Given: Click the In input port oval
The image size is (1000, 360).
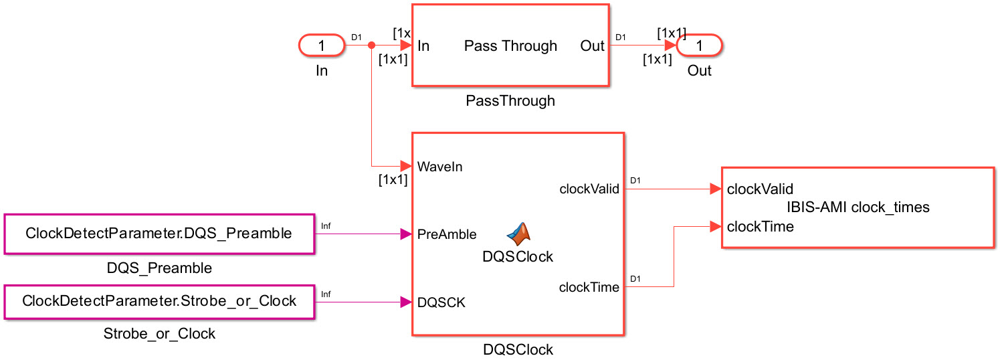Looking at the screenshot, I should (x=322, y=46).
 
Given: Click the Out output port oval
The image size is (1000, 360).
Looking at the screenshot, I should (x=700, y=46).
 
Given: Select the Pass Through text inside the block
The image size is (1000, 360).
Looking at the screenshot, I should (x=510, y=46).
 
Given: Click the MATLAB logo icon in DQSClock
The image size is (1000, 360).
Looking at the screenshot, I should (x=518, y=234).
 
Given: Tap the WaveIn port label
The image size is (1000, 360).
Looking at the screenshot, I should (x=439, y=166).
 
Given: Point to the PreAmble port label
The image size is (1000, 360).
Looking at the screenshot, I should (x=447, y=234).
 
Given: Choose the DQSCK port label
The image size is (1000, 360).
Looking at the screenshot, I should (x=441, y=302).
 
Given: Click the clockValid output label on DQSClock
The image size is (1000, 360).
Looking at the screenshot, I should (x=589, y=189).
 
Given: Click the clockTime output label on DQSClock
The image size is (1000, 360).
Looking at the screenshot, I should (x=589, y=288).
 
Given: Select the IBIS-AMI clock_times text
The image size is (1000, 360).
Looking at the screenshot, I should (x=858, y=207).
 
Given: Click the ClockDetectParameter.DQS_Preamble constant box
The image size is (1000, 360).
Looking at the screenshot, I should (x=159, y=234).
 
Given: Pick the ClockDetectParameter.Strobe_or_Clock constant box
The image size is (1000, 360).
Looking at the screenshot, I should (x=159, y=301).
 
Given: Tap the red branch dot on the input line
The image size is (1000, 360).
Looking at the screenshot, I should (x=371, y=46).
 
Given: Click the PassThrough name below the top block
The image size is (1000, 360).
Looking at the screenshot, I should (x=510, y=101).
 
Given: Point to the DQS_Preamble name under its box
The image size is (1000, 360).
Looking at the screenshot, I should (x=159, y=268).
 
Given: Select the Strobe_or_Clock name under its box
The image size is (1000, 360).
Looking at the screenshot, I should (x=159, y=333).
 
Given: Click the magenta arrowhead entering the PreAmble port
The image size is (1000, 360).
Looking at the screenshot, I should (x=405, y=234).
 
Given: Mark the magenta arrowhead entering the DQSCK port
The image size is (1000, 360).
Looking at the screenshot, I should (x=405, y=302).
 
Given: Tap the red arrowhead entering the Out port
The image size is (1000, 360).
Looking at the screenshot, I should (x=670, y=46).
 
